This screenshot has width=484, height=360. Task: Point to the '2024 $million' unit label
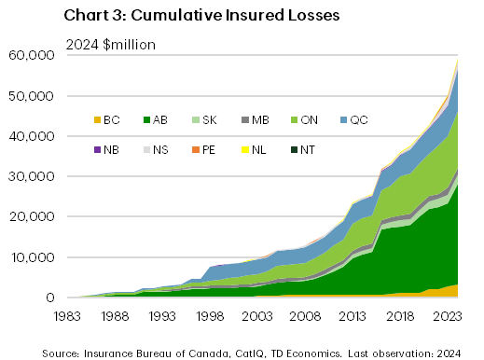pyautogui.click(x=110, y=45)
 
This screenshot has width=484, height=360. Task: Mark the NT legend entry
pyautogui.click(x=369, y=147)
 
